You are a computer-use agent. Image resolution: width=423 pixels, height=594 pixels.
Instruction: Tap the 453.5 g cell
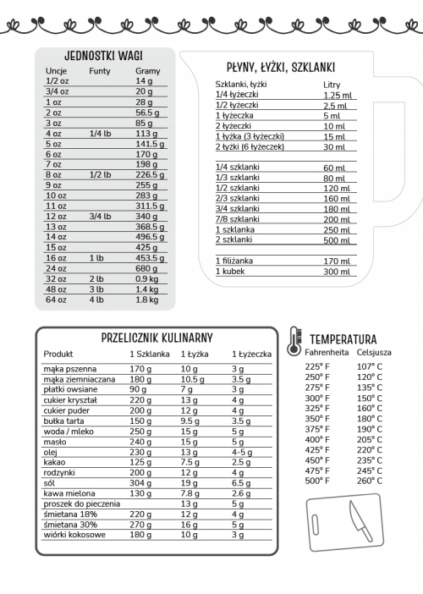[149, 257]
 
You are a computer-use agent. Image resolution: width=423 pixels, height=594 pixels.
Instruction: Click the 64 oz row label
[56, 299]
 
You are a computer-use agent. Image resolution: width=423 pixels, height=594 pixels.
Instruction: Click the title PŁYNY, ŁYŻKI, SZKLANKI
[282, 67]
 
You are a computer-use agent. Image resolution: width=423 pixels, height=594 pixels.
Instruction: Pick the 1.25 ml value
[336, 95]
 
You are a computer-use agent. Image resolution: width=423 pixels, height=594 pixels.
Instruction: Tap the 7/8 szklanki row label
[238, 218]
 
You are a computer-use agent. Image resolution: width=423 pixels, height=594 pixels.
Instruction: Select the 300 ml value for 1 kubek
[336, 272]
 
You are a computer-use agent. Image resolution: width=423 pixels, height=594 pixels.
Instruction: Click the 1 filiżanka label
[234, 261]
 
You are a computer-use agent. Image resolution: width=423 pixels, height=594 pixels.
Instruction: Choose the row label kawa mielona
[69, 492]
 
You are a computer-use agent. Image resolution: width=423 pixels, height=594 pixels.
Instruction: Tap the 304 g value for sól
[140, 482]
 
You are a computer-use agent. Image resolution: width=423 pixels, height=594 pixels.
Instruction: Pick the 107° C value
[369, 366]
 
